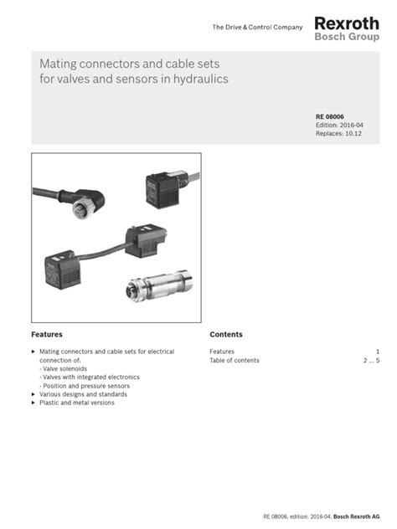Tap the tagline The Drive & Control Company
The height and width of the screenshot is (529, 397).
pyautogui.click(x=258, y=28)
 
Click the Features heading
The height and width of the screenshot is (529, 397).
pyautogui.click(x=47, y=334)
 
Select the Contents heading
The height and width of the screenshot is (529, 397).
pyautogui.click(x=226, y=334)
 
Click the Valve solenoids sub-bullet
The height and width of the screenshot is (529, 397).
pyautogui.click(x=63, y=368)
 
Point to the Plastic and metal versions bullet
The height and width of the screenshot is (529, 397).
pyautogui.click(x=77, y=403)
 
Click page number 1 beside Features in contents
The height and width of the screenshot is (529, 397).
pyautogui.click(x=378, y=352)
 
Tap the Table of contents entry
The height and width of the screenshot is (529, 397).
pyautogui.click(x=235, y=361)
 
